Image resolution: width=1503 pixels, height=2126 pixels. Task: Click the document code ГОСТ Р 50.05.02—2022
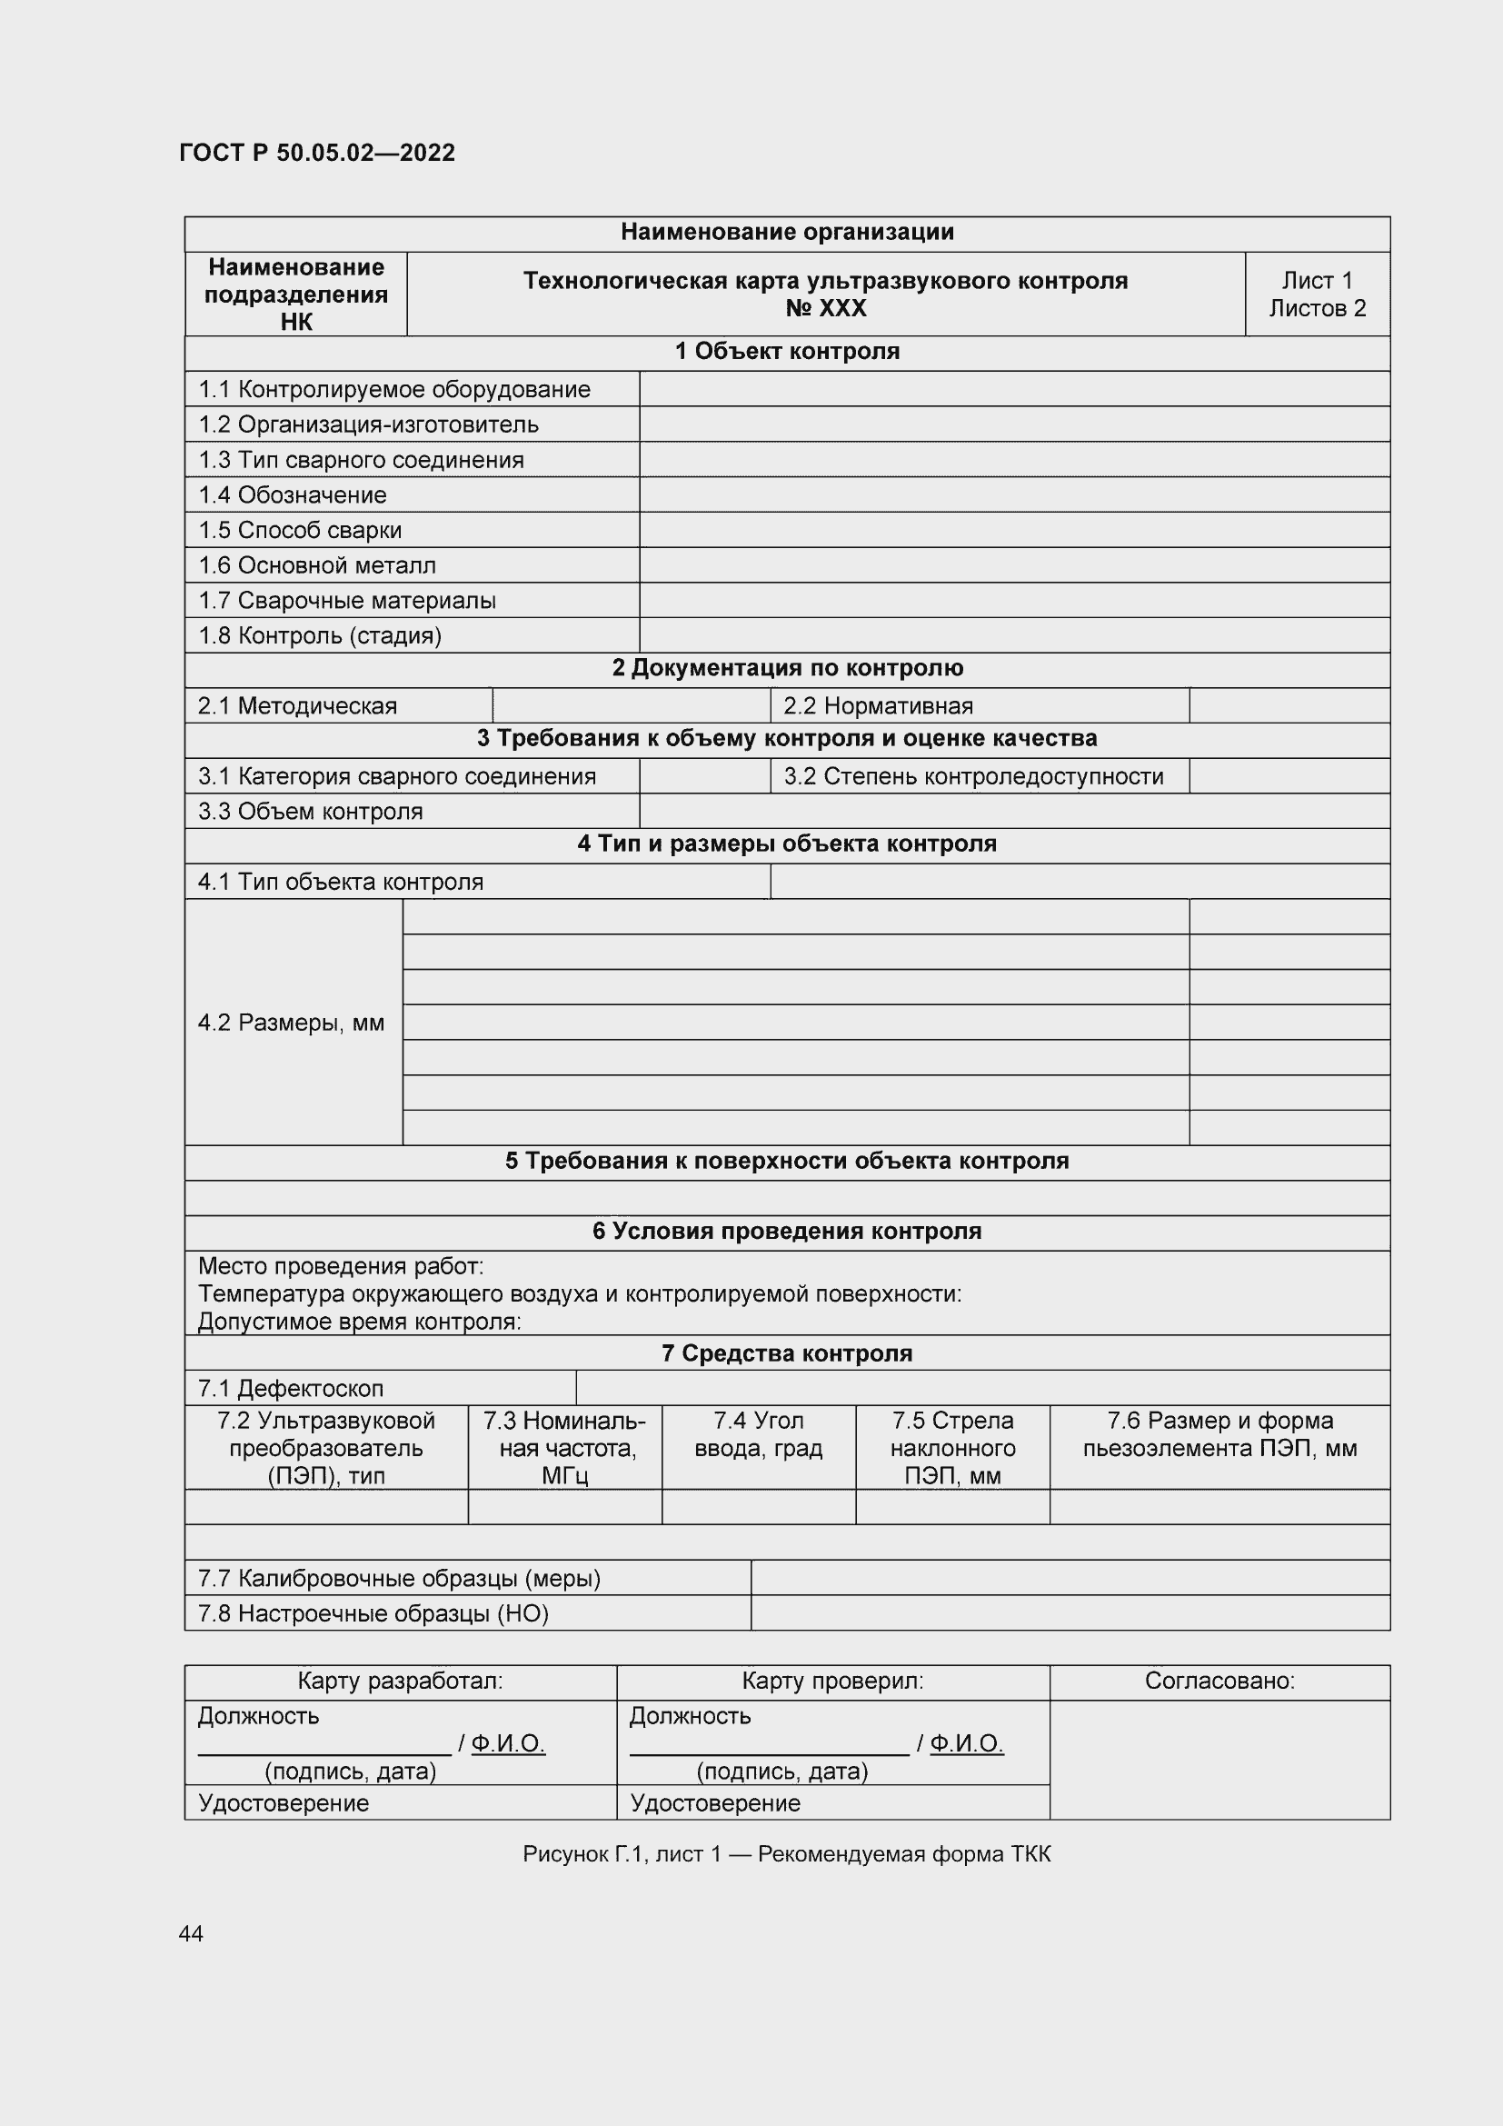[316, 153]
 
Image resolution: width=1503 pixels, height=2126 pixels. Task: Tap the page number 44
[191, 1933]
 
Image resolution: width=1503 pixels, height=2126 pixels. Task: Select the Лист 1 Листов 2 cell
[1316, 294]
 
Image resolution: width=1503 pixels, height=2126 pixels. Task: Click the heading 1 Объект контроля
[787, 352]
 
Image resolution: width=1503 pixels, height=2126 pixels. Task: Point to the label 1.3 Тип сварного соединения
[361, 460]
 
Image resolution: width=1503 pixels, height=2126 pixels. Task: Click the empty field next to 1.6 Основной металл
[1013, 564]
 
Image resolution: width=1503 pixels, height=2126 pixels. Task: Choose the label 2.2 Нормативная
[878, 705]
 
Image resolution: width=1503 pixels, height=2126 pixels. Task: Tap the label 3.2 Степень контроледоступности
[973, 776]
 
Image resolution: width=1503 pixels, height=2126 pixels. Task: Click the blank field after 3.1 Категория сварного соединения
[704, 776]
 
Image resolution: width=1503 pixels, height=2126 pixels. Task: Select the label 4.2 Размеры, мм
[291, 1023]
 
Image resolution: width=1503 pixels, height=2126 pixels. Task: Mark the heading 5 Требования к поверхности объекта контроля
[787, 1161]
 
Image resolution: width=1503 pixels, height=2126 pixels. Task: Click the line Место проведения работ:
[341, 1266]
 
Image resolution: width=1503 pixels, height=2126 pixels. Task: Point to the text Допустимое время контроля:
[359, 1322]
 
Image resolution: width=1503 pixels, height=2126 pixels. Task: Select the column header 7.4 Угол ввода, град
[758, 1434]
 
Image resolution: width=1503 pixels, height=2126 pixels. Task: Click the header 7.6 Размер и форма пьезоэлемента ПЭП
[1219, 1434]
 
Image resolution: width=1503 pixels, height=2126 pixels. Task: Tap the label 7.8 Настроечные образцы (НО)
[373, 1614]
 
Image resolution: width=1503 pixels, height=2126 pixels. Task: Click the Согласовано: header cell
[1219, 1681]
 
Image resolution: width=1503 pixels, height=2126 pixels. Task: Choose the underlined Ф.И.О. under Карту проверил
[966, 1743]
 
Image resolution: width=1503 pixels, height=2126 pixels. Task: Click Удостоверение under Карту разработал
[284, 1802]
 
